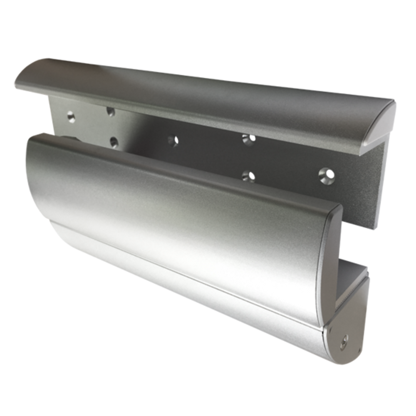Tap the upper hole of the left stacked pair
click(x=111, y=111)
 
